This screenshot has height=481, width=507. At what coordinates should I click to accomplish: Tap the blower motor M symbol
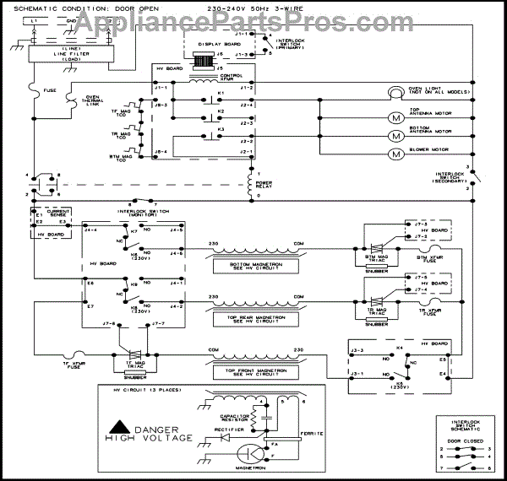pos(394,154)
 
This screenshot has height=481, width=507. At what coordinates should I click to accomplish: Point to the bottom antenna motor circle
pos(394,135)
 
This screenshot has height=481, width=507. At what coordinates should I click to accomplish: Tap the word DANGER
pos(161,428)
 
